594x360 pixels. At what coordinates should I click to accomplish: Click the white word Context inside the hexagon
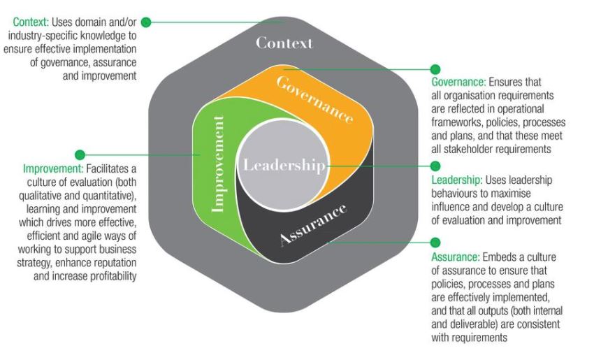click(x=284, y=43)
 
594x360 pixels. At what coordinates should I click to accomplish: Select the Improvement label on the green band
click(x=218, y=164)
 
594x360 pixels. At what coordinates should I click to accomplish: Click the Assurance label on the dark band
click(x=313, y=225)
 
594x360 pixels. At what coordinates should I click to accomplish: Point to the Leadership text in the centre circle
click(x=283, y=166)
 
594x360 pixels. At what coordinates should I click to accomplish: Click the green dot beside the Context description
click(x=146, y=22)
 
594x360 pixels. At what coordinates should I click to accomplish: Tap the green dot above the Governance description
click(x=435, y=69)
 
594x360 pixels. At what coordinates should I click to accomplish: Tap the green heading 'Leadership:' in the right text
click(x=456, y=180)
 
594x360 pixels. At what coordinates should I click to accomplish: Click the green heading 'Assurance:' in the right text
click(x=455, y=257)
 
